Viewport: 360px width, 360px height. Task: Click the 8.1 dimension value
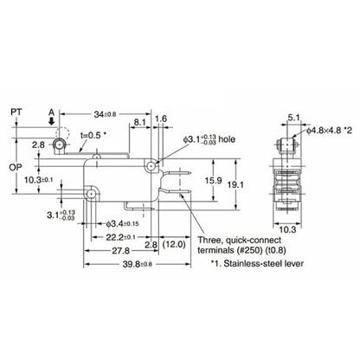pos(139,124)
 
